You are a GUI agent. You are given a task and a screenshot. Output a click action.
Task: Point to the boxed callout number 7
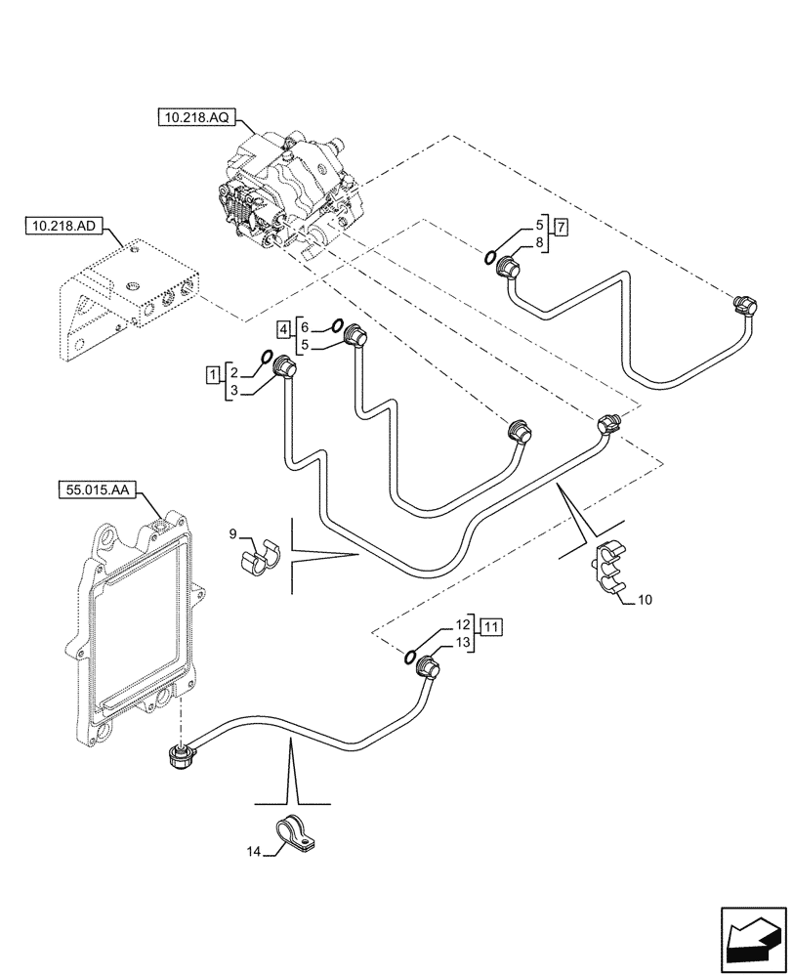561,229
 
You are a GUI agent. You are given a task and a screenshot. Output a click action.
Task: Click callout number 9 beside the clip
233,533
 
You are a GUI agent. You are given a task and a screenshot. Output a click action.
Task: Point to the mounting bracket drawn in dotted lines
127,294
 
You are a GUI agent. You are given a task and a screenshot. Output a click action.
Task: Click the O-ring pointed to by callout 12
411,657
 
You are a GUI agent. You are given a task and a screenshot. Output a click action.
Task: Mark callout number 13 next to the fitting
462,641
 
